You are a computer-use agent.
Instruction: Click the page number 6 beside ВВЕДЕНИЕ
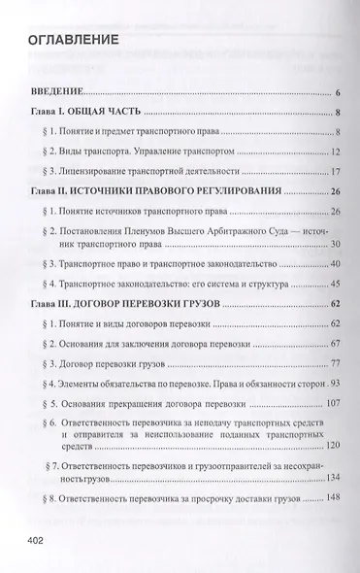pos(334,93)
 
